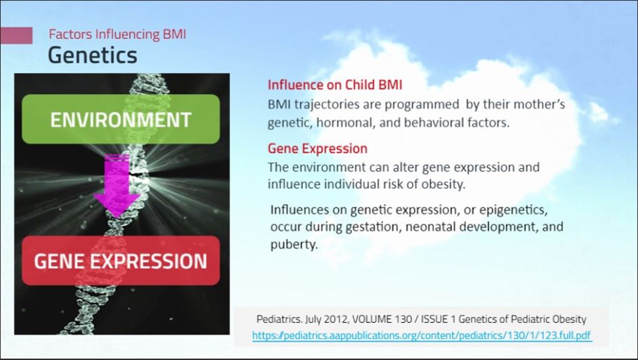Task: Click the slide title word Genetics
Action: tap(92, 56)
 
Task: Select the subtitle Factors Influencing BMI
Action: tap(117, 34)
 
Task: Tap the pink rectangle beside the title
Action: tap(16, 35)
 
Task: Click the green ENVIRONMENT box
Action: tap(121, 119)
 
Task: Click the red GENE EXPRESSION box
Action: tap(121, 261)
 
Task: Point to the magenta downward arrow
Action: tap(117, 186)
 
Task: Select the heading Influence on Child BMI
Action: tap(335, 85)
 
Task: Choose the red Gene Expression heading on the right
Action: tap(317, 148)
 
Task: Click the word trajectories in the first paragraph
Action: tap(327, 105)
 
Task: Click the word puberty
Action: tap(294, 245)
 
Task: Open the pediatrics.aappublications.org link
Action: tap(422, 336)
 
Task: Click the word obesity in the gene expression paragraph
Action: tap(443, 184)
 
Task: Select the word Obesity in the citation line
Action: tap(570, 319)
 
